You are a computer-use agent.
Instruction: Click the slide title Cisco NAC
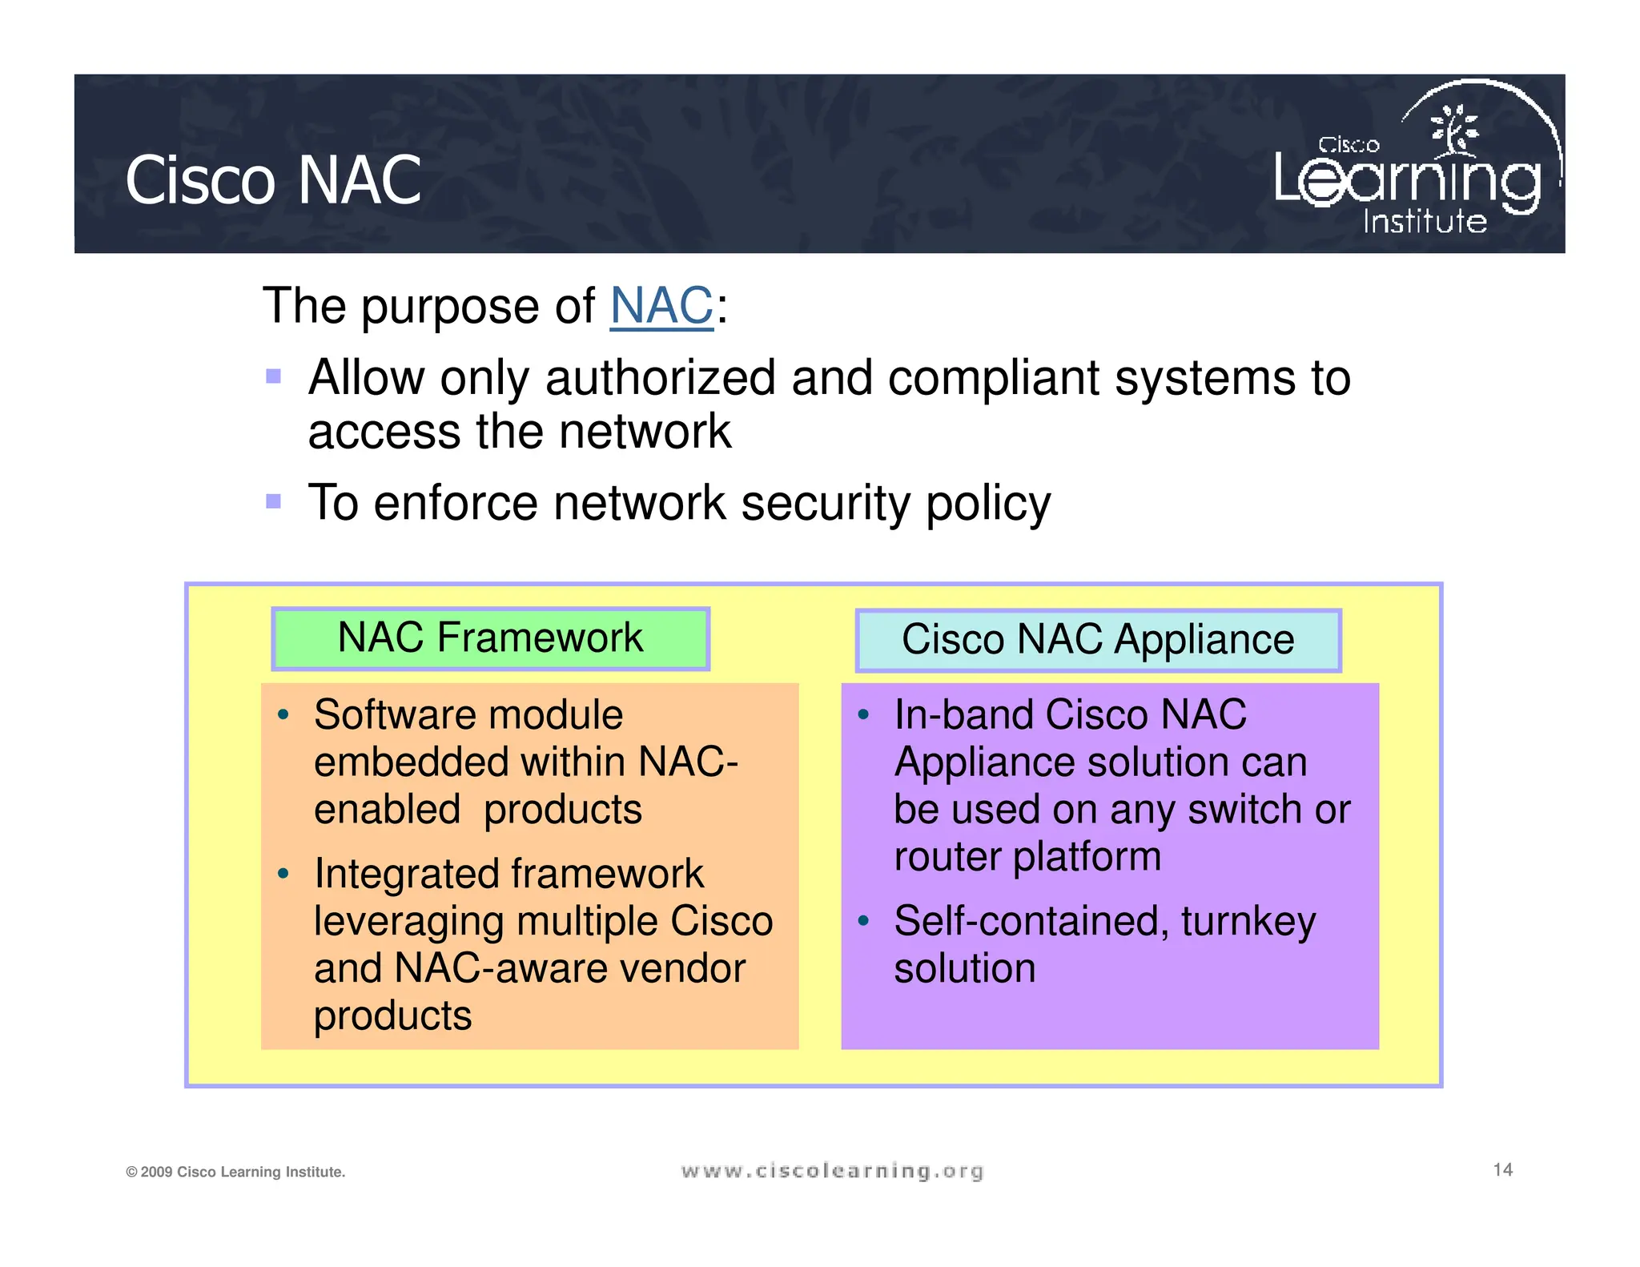(x=273, y=181)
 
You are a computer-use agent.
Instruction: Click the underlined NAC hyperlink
(x=661, y=306)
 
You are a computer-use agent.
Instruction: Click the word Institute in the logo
(x=1425, y=222)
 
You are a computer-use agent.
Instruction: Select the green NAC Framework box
(x=490, y=638)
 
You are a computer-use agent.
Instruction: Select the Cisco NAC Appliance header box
(x=1098, y=640)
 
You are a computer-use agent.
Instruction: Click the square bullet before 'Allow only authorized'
(x=274, y=376)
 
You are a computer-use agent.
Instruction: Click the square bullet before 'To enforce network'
(x=274, y=501)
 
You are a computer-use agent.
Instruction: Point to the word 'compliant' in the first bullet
(x=992, y=378)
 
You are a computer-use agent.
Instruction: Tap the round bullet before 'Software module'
(x=283, y=714)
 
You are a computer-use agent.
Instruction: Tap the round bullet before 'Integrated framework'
(x=283, y=873)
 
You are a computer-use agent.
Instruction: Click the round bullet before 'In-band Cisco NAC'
(x=862, y=714)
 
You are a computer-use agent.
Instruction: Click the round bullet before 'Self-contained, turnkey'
(x=862, y=921)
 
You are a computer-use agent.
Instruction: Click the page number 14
(x=1502, y=1170)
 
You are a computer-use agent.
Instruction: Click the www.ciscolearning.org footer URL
(x=832, y=1172)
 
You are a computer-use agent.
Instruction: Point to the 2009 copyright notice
(x=235, y=1172)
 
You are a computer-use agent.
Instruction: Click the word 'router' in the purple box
(x=946, y=857)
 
